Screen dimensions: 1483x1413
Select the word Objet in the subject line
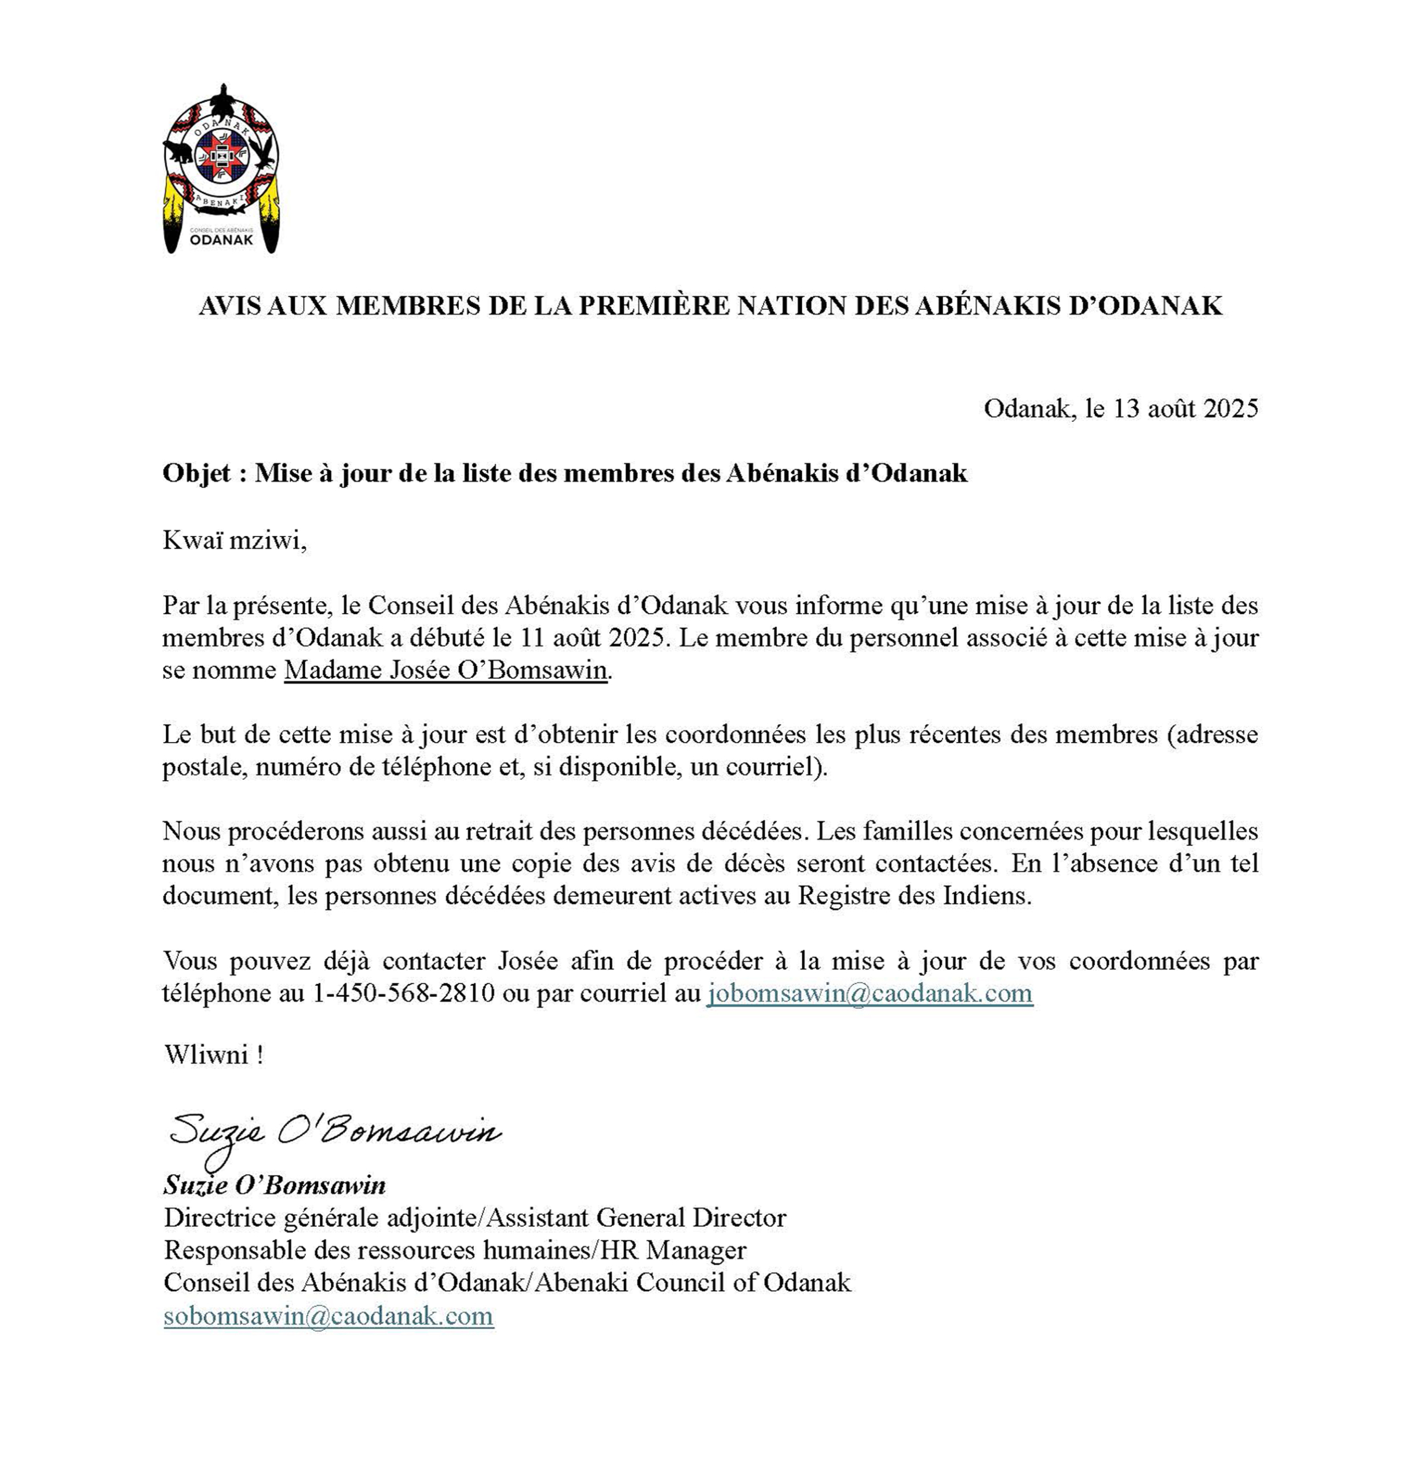[196, 473]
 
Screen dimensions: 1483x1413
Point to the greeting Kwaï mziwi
[234, 541]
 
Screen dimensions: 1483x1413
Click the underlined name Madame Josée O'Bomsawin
[445, 670]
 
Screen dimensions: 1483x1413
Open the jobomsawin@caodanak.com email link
[869, 993]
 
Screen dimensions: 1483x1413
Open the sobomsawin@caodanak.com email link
[328, 1316]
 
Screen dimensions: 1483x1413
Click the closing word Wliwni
[208, 1054]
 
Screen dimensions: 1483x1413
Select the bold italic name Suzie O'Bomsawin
[274, 1185]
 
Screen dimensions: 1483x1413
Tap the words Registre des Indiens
[914, 896]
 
